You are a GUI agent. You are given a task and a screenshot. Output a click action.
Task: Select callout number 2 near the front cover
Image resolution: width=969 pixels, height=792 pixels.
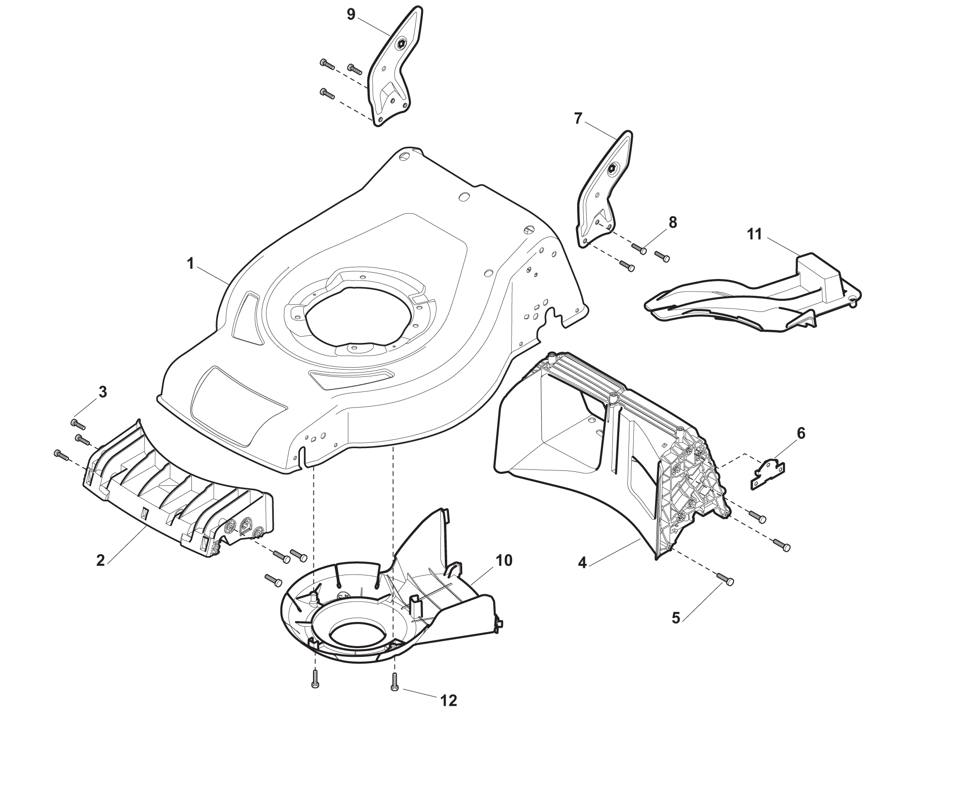coord(101,560)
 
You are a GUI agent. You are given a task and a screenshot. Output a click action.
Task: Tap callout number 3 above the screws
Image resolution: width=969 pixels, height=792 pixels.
coord(103,392)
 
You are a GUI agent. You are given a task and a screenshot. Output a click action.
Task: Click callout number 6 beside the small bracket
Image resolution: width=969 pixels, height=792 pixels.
coord(801,434)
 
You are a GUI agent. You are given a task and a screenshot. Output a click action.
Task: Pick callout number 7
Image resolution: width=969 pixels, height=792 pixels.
coord(578,119)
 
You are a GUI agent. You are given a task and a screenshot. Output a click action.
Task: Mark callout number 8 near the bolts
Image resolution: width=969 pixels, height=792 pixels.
coord(672,222)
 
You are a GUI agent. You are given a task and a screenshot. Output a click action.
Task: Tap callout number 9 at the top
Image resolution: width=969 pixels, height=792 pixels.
coord(351,15)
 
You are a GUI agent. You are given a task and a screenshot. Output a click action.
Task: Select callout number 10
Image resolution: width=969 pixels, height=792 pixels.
coord(503,560)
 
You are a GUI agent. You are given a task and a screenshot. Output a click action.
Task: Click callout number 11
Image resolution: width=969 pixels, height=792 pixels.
coord(754,235)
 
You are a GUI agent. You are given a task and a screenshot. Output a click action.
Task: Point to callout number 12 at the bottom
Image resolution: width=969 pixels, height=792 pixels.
coord(449,701)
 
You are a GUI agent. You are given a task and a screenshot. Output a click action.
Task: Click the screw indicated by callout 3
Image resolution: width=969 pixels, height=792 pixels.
coord(78,424)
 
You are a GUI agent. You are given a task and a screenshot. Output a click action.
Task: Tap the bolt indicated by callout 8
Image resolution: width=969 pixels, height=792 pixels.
coord(639,248)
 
